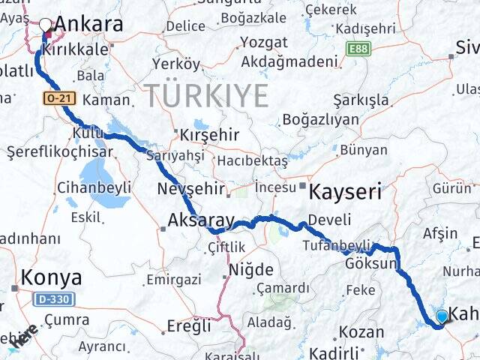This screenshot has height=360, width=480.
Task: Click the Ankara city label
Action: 89,24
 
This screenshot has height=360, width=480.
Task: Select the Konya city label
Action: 52,277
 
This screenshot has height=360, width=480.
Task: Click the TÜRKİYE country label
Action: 205,95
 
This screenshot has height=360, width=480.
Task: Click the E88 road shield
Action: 358,48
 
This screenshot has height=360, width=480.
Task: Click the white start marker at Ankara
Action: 46,24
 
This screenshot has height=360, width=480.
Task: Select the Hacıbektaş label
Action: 253,161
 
